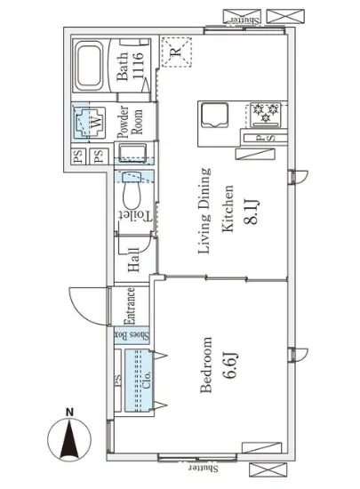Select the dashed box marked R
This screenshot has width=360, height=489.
[175, 50]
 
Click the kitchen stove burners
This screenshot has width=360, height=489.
[265, 113]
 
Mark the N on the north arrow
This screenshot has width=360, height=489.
[67, 412]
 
